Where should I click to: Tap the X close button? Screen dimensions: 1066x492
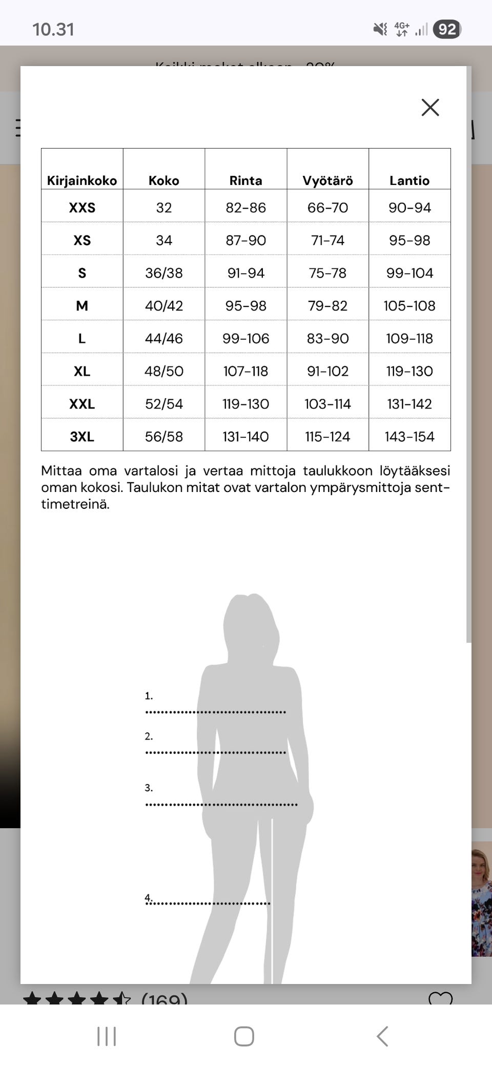coord(430,108)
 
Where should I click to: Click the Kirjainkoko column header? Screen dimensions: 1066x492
coord(82,180)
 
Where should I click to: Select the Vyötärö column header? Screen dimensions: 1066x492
coord(327,180)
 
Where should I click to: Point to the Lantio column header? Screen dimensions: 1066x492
coord(409,180)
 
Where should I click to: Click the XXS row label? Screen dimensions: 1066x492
coord(82,208)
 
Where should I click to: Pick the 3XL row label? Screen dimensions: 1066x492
coord(82,437)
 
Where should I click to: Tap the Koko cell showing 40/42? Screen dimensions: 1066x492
coord(164,306)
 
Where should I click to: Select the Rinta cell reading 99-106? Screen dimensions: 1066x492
coord(246,339)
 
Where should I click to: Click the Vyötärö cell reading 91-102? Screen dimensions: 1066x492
coord(327,372)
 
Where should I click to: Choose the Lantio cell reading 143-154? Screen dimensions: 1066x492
coord(409,437)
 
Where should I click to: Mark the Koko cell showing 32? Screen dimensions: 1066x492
coord(164,208)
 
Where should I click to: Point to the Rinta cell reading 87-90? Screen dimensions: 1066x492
coord(246,240)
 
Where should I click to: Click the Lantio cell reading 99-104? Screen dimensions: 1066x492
coord(409,273)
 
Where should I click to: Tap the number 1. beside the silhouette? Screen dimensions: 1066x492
coord(149,696)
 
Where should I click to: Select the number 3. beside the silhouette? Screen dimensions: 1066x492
coord(149,788)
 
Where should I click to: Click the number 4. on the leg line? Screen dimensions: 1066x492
coord(149,897)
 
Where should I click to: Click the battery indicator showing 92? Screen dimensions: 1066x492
coord(447,29)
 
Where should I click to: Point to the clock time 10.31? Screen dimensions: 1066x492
coord(53,29)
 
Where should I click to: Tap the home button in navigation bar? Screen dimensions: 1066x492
coord(244,1036)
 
